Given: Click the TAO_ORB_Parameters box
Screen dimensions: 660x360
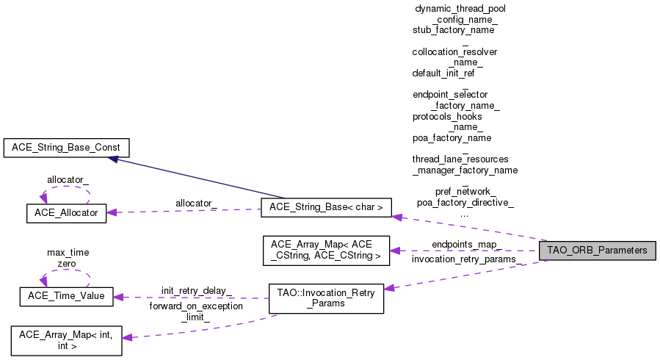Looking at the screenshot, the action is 598,251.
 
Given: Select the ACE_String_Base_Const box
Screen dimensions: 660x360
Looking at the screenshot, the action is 67,148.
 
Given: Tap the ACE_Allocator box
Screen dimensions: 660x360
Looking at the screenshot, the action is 67,213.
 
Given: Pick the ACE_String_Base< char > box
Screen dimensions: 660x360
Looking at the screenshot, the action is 326,208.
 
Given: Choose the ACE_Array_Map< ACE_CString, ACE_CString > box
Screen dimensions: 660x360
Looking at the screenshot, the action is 326,251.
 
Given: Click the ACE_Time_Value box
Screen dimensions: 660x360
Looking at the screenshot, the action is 67,296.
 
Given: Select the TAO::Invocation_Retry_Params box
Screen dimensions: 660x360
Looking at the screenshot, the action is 326,298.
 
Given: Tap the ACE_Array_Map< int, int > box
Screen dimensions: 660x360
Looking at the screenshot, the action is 67,341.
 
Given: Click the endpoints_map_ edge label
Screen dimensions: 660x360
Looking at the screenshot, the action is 467,245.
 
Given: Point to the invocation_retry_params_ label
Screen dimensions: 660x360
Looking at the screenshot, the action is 466,259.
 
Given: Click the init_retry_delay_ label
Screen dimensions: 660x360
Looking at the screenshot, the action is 197,291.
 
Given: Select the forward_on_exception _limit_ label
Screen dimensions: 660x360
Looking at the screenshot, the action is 196,312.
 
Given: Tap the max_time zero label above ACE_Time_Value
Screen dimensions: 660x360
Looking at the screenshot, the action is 68,258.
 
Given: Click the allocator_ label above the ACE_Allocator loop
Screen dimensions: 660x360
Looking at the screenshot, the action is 68,180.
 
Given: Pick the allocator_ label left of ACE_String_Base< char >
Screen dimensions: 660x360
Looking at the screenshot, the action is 196,204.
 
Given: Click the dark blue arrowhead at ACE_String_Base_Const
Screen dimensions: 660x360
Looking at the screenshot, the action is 113,159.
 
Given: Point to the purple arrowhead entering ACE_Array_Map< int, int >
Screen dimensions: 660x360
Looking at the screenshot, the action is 127,337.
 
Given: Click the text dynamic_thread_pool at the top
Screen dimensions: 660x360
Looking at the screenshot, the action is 460,9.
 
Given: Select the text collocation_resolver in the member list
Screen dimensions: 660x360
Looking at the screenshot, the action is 454,52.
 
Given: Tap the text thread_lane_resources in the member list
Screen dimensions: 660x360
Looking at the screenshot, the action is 460,159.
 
